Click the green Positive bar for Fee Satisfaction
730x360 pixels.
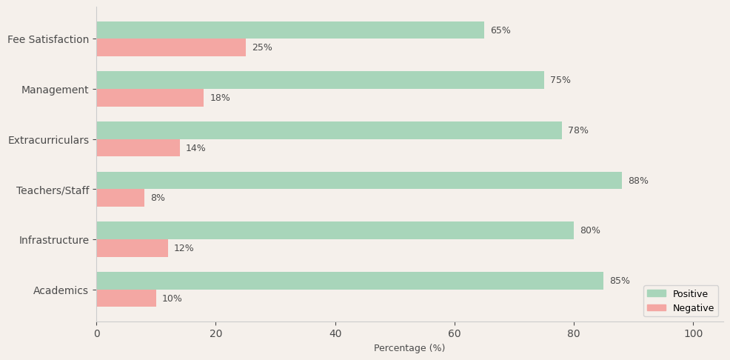[x=290, y=30]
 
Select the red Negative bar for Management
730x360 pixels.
[x=150, y=98]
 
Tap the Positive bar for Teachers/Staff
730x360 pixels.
[x=359, y=181]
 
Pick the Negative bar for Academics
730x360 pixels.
[x=126, y=299]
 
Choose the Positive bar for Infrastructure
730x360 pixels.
[x=335, y=230]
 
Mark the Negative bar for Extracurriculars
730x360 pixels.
[x=138, y=148]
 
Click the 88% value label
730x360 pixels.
[x=638, y=181]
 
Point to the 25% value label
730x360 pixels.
[x=262, y=48]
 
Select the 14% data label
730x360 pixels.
[x=195, y=148]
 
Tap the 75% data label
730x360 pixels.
[x=560, y=81]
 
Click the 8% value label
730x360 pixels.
[x=158, y=199]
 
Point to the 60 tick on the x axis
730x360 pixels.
[x=455, y=334]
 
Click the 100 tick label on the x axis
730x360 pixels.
[x=693, y=334]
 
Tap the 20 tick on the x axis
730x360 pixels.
[x=215, y=334]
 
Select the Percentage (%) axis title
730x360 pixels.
[x=409, y=348]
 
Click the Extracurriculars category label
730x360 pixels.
[x=48, y=140]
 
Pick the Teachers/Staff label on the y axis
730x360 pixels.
[x=53, y=190]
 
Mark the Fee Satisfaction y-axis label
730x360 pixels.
[x=48, y=39]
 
